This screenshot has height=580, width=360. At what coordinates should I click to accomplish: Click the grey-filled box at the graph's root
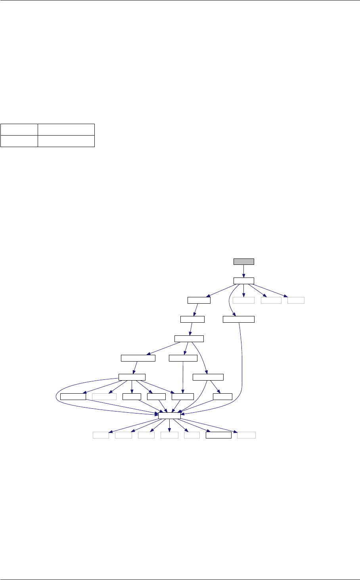coord(243,261)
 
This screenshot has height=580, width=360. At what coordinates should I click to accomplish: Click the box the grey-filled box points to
coord(243,281)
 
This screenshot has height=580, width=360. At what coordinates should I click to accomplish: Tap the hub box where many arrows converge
coord(169,415)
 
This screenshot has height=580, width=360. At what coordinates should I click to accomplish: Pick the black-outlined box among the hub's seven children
coord(218,435)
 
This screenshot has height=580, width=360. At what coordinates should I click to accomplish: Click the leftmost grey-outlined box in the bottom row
coord(101,435)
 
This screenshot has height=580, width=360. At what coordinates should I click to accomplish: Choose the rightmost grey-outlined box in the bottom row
coord(246,435)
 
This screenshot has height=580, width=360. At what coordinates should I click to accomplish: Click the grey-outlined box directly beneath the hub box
coord(169,435)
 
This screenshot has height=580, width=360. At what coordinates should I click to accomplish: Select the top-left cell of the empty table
coord(19,130)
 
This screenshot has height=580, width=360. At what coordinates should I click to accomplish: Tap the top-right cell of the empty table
coord(66,130)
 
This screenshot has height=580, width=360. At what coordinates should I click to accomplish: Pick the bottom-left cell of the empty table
coord(19,141)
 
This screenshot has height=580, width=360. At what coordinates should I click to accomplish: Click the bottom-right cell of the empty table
coord(66,141)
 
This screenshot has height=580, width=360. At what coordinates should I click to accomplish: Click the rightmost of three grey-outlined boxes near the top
coord(296,300)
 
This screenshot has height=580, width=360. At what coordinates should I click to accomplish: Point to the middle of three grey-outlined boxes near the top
coord(271,300)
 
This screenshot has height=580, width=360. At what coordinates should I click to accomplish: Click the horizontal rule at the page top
coord(180,0)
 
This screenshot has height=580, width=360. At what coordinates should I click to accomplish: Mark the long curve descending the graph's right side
coord(241,369)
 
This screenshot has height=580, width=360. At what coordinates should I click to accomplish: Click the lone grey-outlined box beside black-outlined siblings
coord(104,396)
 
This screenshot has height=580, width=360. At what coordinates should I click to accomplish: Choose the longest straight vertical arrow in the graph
coord(182,377)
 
